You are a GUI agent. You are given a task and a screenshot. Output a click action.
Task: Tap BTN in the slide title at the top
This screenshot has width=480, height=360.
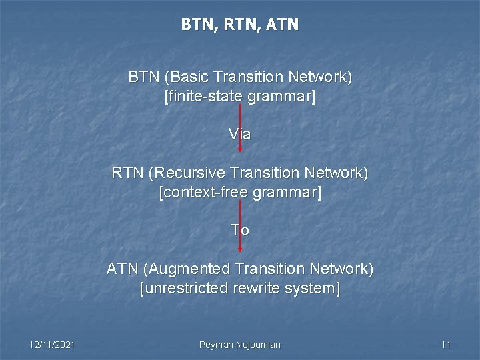click(x=196, y=25)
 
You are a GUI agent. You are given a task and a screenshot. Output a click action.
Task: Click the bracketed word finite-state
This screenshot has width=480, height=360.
click(x=203, y=97)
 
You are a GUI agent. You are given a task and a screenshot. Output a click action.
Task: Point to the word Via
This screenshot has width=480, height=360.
click(x=239, y=135)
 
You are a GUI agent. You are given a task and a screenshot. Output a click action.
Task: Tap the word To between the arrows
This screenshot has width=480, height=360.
click(x=239, y=231)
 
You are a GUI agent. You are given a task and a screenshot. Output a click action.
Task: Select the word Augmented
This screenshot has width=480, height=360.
click(x=189, y=269)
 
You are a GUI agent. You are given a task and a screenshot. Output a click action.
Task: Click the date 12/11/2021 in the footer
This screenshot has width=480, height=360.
click(x=52, y=345)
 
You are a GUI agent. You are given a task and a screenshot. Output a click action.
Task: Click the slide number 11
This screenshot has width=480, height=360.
click(x=446, y=345)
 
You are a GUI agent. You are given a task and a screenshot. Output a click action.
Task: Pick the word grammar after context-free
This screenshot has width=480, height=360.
click(x=289, y=193)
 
